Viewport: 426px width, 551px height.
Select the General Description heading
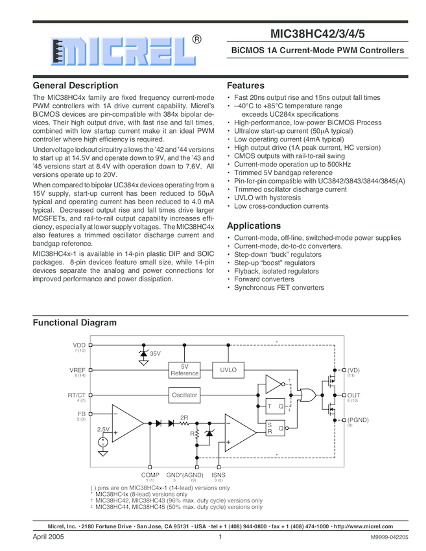(x=75, y=86)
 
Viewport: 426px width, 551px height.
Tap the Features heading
(x=246, y=86)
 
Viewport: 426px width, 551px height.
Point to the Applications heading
(x=254, y=226)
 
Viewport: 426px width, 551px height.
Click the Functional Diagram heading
(x=75, y=323)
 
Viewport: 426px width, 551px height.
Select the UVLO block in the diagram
(x=228, y=369)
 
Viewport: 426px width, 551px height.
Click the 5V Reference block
(x=184, y=370)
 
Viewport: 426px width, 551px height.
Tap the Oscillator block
(x=184, y=395)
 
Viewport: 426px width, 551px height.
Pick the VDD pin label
(x=79, y=345)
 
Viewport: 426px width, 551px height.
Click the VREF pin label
(x=78, y=369)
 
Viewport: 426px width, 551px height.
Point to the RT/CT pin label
(x=77, y=395)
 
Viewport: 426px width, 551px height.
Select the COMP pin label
(x=150, y=475)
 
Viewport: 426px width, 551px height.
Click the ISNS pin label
(x=219, y=475)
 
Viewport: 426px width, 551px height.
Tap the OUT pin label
(x=353, y=395)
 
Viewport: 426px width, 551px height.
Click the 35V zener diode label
(x=155, y=354)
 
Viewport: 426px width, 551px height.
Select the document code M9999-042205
(x=390, y=538)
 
